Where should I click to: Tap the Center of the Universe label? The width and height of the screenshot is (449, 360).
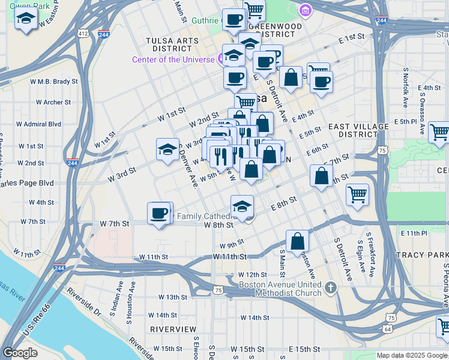[x=173, y=59]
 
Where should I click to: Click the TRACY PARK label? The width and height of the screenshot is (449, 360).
[x=420, y=255]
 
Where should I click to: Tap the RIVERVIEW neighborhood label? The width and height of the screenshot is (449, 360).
[x=173, y=329]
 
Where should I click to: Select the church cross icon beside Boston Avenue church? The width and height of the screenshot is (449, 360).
[x=330, y=289]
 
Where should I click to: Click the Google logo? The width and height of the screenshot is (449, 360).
[x=20, y=353]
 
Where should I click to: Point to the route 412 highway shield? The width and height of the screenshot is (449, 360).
[x=82, y=34]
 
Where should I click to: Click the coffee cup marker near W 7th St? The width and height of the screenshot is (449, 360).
[x=160, y=214]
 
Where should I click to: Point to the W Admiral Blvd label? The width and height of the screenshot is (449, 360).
[x=38, y=124]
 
